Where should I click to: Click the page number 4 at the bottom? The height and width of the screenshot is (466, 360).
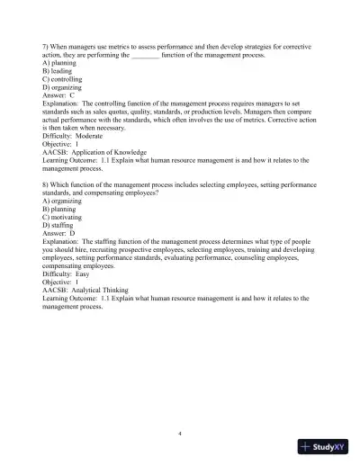[180, 433]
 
